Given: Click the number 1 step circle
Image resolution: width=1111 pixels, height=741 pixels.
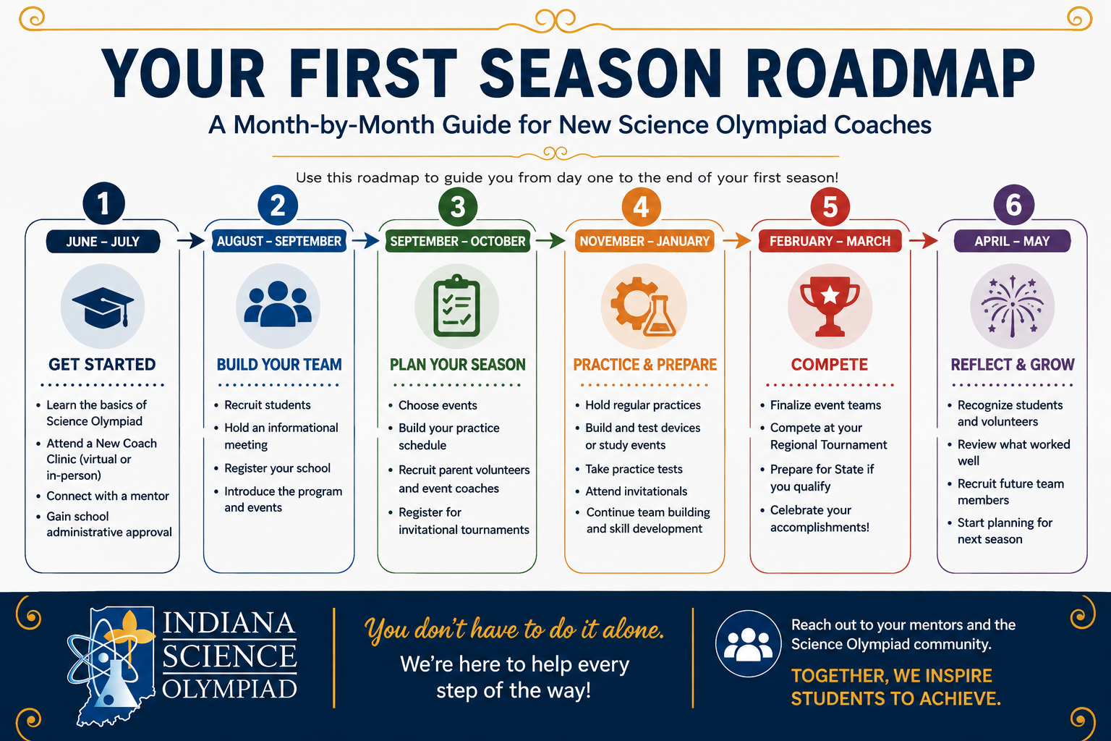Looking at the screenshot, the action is (x=103, y=203).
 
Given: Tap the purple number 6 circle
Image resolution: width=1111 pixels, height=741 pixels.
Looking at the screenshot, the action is (x=1014, y=205).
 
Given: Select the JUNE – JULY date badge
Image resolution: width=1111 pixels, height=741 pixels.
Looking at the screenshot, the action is (x=103, y=242).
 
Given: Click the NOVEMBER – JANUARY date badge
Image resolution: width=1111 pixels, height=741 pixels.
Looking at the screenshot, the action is (x=644, y=241).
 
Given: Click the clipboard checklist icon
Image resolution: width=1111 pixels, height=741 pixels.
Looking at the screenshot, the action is (x=456, y=305).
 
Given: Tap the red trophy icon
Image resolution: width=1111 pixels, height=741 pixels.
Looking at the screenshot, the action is (x=830, y=306).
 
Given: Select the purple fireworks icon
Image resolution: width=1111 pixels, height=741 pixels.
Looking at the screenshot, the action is (x=1013, y=305).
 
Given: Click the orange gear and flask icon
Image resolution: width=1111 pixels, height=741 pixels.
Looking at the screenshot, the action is (x=643, y=306).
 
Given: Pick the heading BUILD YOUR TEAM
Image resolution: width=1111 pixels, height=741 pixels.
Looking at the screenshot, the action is (x=279, y=365).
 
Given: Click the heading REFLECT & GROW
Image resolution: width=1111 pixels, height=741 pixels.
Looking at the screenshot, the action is (x=1013, y=365).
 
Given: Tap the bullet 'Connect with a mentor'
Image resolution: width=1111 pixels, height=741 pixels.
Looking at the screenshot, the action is (x=108, y=496).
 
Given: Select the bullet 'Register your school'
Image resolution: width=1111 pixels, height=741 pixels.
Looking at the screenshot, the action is (x=277, y=468).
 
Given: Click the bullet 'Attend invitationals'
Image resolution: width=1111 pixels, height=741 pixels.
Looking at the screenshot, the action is (x=637, y=491).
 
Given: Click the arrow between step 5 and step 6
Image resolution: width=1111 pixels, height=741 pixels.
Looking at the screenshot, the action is (x=924, y=241).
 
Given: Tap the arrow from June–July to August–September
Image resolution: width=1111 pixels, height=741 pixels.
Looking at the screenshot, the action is (x=191, y=241).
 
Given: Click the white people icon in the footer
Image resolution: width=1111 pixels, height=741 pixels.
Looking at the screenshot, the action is (x=748, y=644).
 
